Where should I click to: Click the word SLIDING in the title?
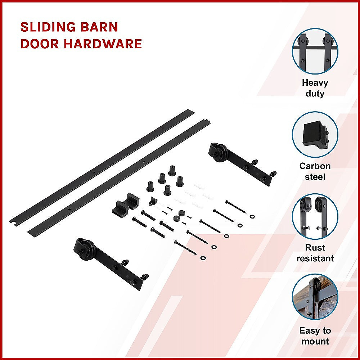(49, 27)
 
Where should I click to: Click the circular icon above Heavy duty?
(315, 51)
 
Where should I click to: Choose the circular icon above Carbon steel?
(315, 134)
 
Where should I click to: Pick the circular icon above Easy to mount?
(315, 297)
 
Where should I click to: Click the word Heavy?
(315, 83)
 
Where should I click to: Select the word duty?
(315, 94)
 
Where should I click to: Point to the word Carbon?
(315, 166)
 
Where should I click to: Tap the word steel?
(315, 177)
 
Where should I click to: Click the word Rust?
(315, 248)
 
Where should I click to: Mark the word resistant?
(315, 258)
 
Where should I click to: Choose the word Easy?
(310, 331)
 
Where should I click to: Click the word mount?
(315, 342)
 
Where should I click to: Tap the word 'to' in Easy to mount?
(327, 331)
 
